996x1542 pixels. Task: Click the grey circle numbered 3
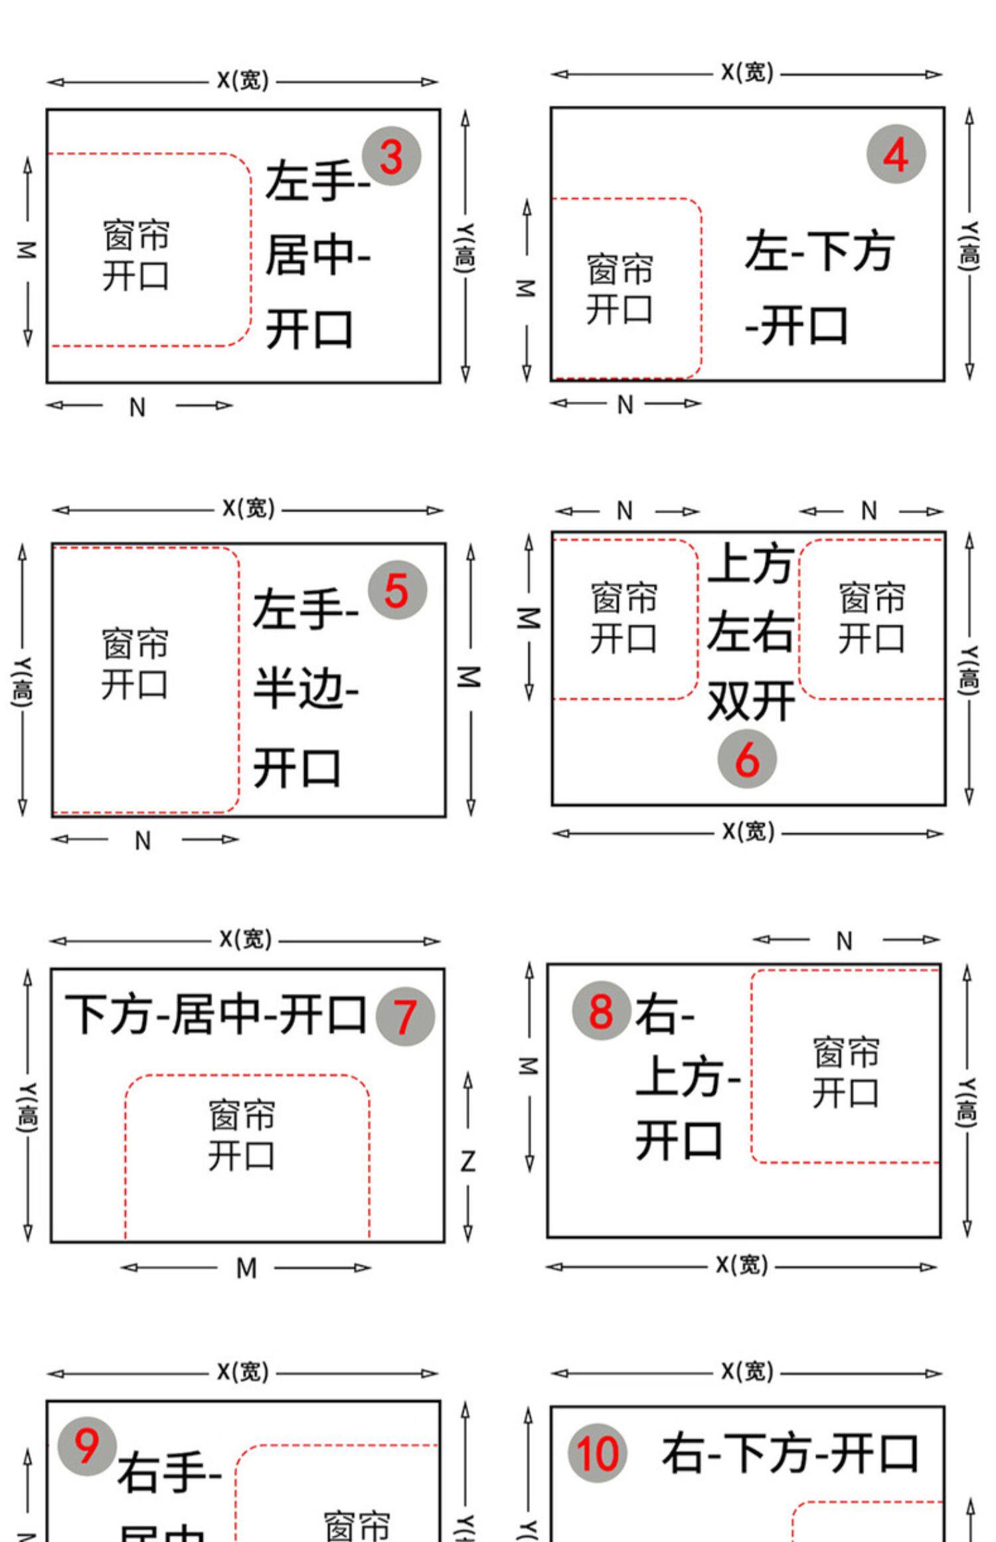[391, 156]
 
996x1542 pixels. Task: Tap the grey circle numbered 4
[896, 154]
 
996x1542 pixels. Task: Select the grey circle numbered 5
[397, 590]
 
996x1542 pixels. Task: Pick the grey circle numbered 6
[747, 758]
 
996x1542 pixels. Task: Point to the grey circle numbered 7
[405, 1017]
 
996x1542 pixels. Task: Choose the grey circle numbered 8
[601, 1010]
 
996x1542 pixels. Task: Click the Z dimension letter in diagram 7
[467, 1162]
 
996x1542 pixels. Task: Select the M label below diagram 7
[246, 1268]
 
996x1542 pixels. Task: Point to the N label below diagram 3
[137, 407]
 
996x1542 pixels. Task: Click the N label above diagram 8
[844, 941]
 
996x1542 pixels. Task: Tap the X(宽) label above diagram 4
[748, 72]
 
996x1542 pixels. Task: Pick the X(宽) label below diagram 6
[748, 831]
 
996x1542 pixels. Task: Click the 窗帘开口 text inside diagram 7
[241, 1136]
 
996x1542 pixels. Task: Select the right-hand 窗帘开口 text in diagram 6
[871, 618]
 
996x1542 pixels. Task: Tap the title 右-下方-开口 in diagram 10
[790, 1453]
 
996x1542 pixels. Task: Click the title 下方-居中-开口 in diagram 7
[216, 1015]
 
